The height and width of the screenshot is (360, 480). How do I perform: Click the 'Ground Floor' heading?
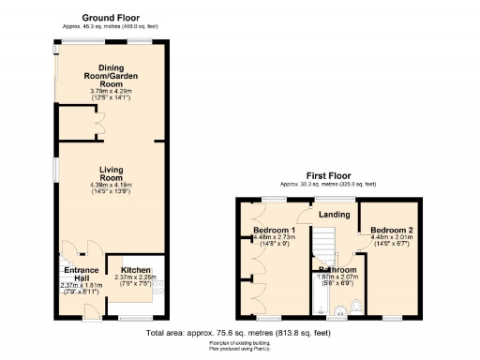[112, 18]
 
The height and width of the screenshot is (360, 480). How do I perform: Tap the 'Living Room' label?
[112, 172]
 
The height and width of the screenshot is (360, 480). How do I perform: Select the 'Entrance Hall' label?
[75, 273]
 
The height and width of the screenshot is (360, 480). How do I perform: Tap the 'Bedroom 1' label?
[274, 230]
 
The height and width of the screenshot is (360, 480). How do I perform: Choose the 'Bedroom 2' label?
[391, 230]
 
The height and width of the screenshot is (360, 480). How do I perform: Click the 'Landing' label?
[334, 215]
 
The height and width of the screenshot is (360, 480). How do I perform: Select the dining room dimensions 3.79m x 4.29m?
[112, 90]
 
